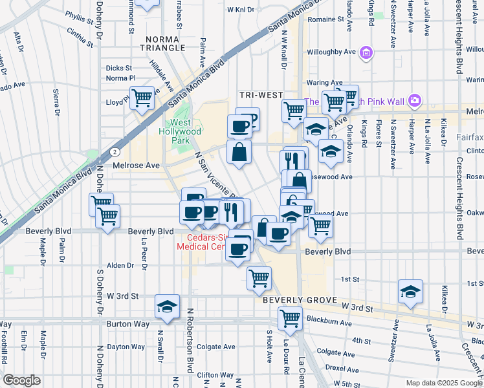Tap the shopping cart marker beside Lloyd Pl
(142, 99)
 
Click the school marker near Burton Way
(167, 307)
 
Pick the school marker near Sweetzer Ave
(410, 291)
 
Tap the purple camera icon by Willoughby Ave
(366, 52)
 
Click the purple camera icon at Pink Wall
(414, 101)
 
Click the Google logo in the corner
(21, 380)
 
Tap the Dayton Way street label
(126, 347)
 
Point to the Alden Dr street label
(120, 265)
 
